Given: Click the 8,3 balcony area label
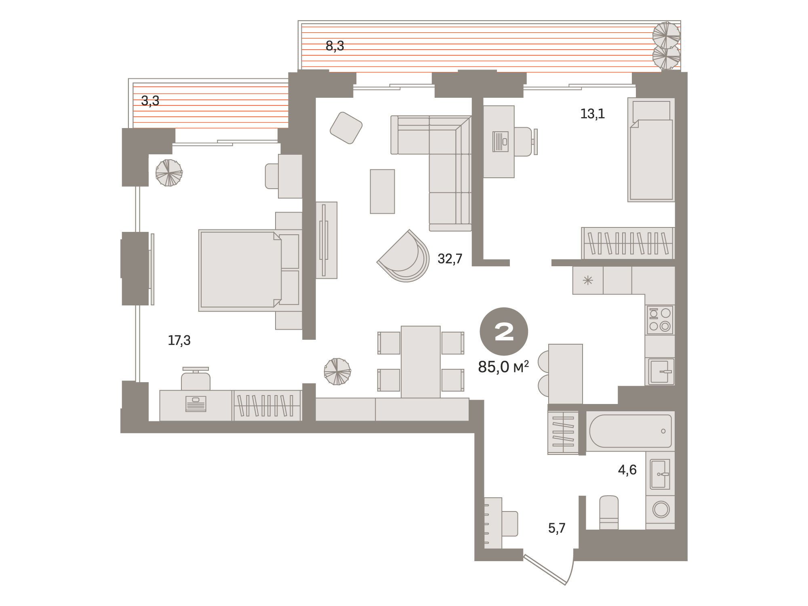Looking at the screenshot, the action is pos(335,46).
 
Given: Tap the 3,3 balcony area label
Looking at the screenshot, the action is pos(150,101).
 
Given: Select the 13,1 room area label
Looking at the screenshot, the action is pos(593,114).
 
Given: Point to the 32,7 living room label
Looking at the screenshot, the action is pos(450,259).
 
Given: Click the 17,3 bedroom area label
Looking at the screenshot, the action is pos(179,341).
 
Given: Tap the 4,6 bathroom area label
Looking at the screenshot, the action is pos(627,470).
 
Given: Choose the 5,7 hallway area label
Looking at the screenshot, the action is pos(557,528).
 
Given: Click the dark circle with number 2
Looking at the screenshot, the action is pos(504,332).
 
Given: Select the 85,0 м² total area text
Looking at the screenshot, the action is pos(503,367).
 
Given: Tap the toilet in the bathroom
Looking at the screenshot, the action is pos(609,512).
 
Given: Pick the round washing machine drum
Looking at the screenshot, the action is pos(661,509).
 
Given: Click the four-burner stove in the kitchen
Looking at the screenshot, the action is pos(660,320).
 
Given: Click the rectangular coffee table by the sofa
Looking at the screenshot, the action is pos(382,191).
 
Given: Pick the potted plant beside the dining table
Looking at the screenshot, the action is pos(337,371).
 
